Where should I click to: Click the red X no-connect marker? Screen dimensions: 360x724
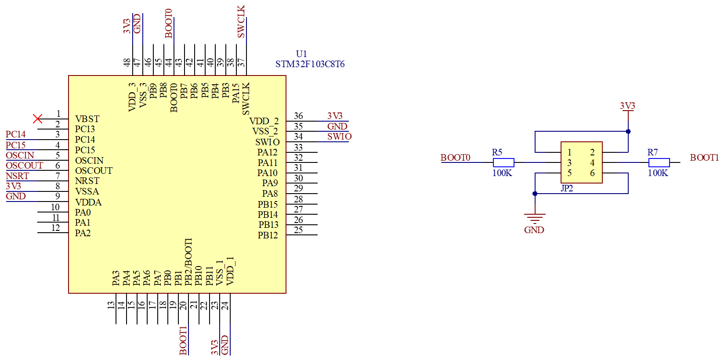(x=38, y=119)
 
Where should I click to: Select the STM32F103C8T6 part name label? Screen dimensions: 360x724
(x=310, y=64)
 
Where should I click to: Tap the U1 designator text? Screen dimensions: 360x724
(x=301, y=54)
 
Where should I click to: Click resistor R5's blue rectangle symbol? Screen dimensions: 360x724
(x=503, y=162)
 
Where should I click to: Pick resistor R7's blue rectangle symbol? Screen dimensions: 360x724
(x=659, y=162)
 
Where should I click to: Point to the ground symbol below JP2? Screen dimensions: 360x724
(x=535, y=218)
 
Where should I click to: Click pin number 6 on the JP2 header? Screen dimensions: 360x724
(x=592, y=173)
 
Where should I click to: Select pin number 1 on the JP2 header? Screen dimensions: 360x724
(x=569, y=152)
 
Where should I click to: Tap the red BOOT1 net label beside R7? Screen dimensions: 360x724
(x=704, y=158)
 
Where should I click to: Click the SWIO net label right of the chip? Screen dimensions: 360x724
(x=339, y=137)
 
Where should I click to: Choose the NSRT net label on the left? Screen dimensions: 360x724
(x=18, y=176)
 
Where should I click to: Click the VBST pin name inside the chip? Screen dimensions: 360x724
(x=87, y=119)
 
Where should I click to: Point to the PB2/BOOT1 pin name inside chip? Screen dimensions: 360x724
(x=188, y=262)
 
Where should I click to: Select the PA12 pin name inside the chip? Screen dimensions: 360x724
(x=267, y=152)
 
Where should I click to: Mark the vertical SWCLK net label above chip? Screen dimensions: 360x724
(x=242, y=22)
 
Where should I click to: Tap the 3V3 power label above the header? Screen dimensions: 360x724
(x=628, y=106)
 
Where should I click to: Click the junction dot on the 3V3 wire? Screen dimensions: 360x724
(x=628, y=131)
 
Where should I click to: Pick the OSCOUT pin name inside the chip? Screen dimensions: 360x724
(x=94, y=171)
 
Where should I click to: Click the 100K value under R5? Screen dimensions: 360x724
(x=502, y=173)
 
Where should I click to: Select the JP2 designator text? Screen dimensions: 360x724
(x=567, y=188)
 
